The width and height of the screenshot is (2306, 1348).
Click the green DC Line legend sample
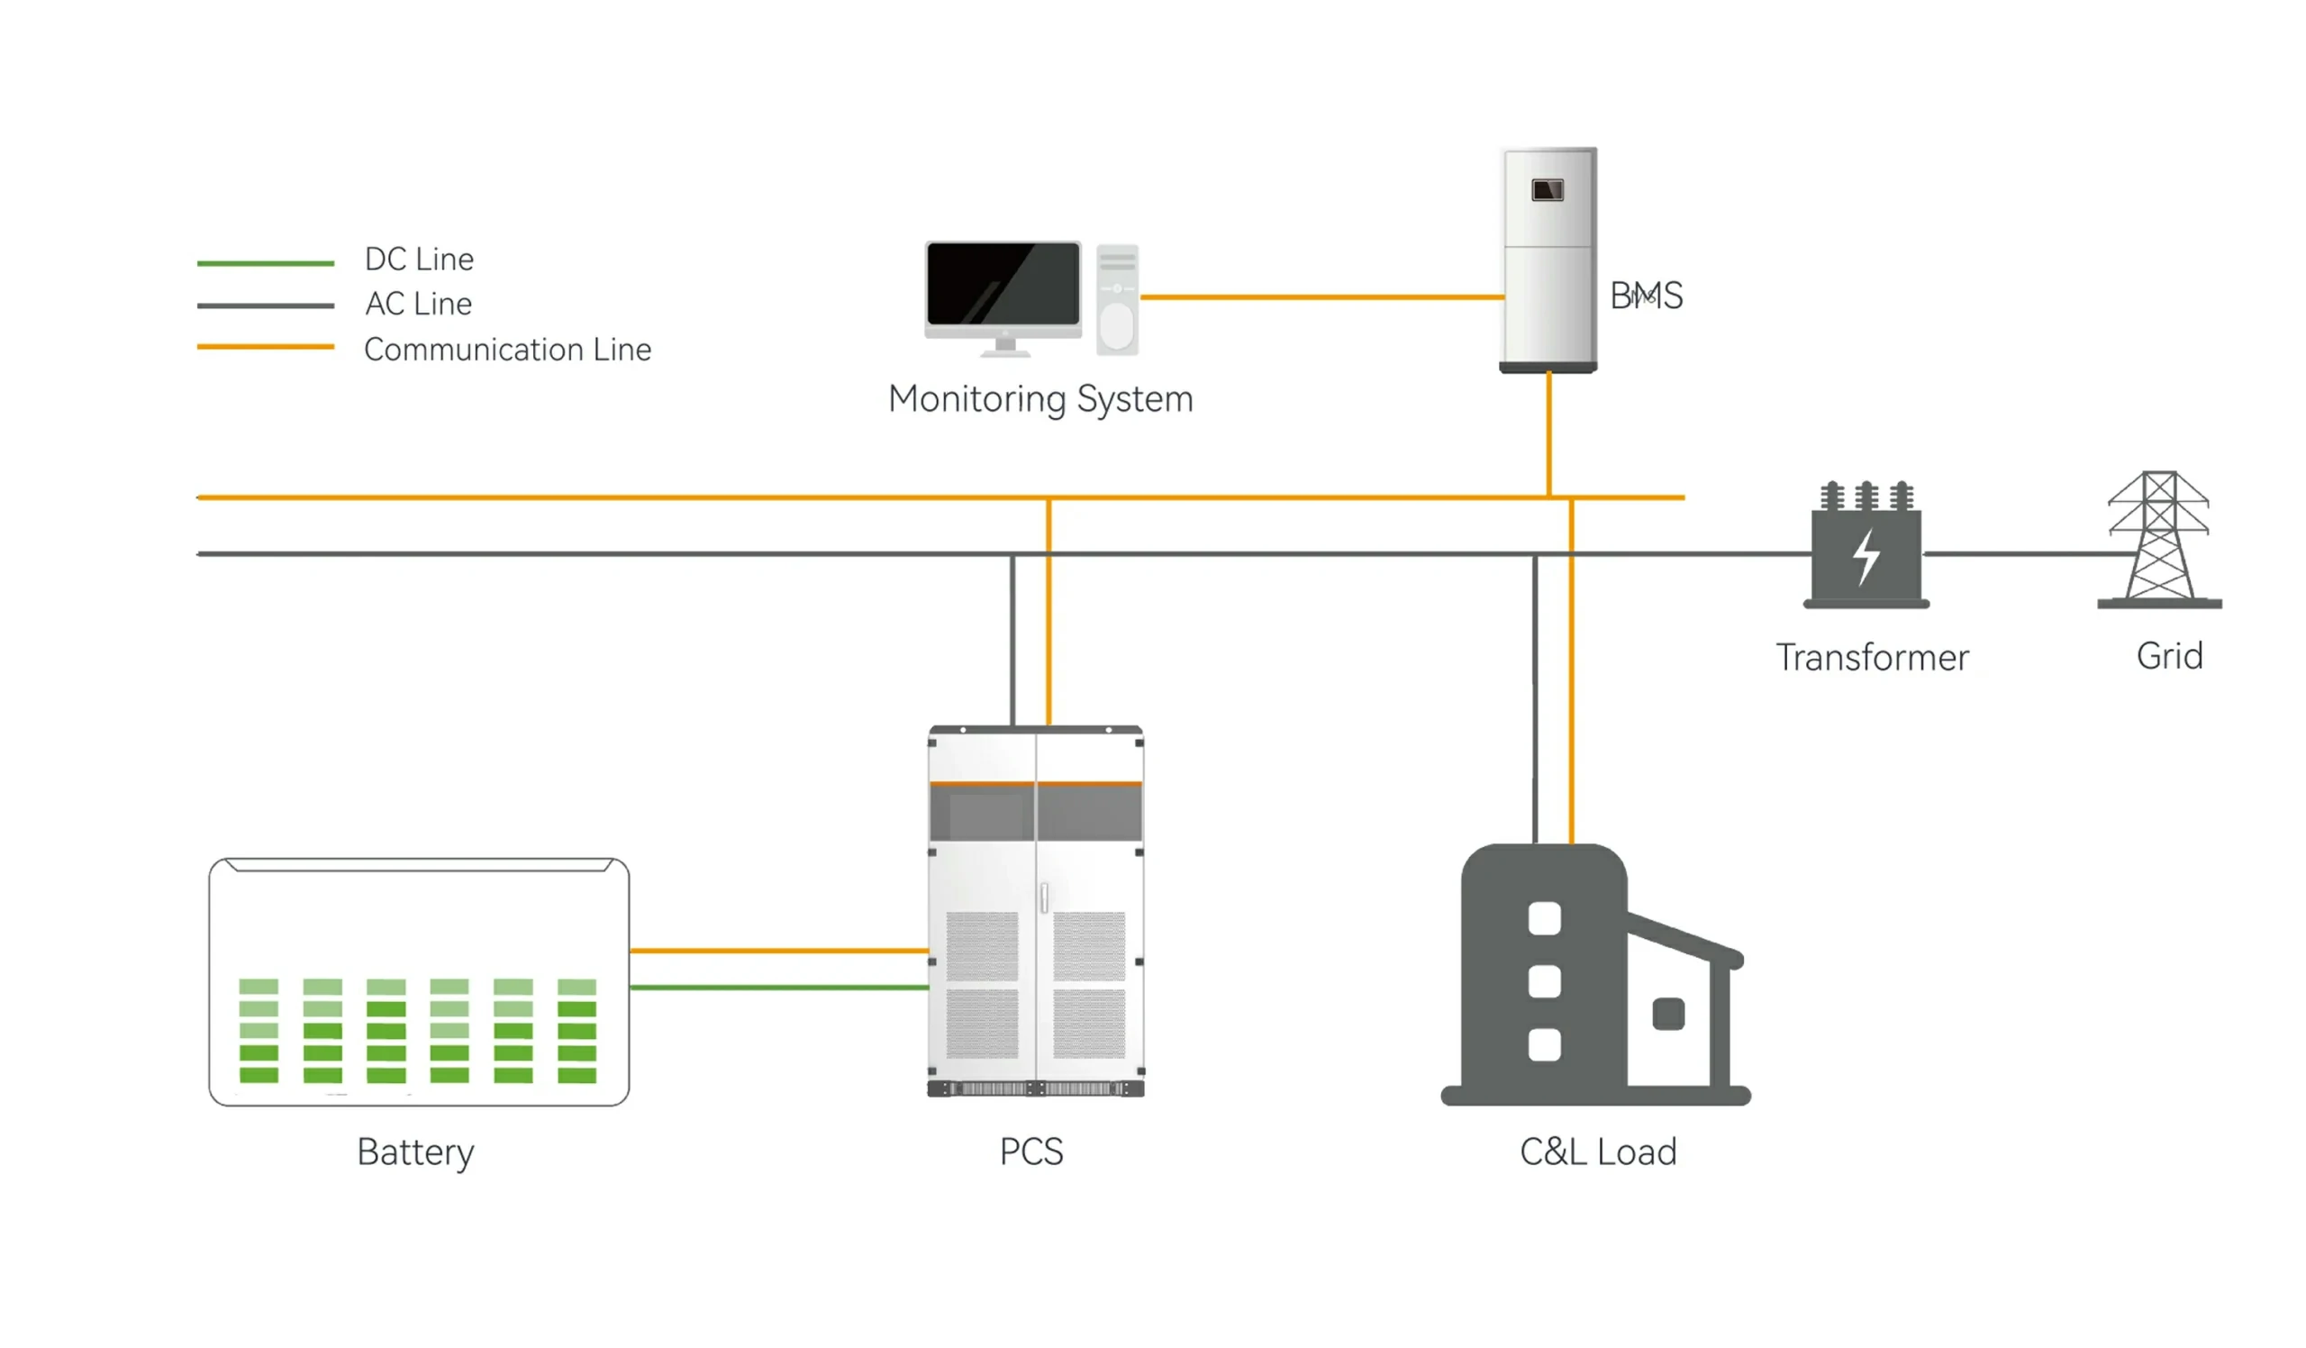266,263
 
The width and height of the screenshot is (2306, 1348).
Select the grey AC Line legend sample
266,305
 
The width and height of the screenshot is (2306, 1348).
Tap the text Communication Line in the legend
507,350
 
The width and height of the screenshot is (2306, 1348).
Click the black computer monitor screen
1003,283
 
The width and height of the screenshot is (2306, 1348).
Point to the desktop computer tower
1117,300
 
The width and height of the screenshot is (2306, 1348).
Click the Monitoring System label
1040,400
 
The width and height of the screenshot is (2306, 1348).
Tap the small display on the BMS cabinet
1548,190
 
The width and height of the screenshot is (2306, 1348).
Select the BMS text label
1646,296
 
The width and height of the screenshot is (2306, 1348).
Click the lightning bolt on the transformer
1866,556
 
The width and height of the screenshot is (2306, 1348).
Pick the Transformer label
1872,658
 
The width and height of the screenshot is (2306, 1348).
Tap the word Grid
2169,656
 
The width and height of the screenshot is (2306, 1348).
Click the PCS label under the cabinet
1031,1152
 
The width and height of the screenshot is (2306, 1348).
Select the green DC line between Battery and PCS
777,988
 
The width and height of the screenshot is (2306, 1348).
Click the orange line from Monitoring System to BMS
1322,297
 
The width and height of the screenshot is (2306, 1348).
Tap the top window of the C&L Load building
1545,919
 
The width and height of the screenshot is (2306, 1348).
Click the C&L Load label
1598,1152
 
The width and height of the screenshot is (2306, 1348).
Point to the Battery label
415,1152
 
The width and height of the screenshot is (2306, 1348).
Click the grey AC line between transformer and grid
2013,553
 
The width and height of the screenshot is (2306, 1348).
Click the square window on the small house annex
1668,1014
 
